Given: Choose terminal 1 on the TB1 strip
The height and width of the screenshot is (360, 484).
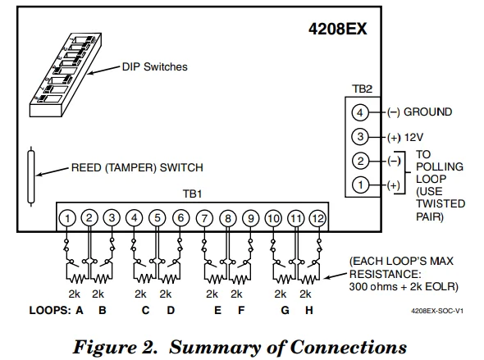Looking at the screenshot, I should (68, 218).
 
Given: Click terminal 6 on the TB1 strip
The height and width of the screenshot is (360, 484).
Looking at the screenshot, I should (180, 218).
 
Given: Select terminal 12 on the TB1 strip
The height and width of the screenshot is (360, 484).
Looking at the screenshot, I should (317, 218).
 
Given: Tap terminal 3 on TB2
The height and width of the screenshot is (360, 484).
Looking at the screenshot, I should (358, 137).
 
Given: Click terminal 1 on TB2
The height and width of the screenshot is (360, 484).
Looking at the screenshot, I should (358, 186).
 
